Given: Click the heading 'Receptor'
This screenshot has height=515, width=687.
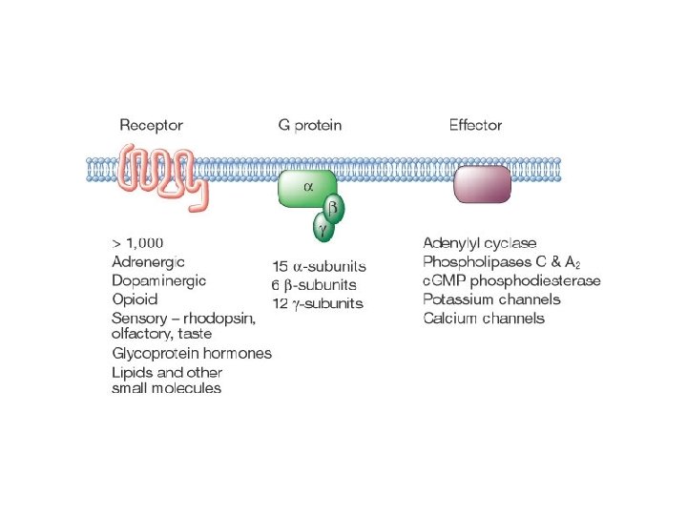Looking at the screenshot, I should pos(151,125).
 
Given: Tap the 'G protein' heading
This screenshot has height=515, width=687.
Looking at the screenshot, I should pos(309,125).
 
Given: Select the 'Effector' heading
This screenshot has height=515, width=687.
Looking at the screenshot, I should pos(475,125).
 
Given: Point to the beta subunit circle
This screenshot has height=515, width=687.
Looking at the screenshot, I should pos(333,207).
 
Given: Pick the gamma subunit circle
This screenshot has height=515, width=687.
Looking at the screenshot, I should pos(323,228).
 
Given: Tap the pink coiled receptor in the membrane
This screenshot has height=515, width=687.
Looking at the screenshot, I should pos(160,171).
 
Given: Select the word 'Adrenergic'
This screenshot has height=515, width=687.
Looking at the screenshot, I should pos(148,261).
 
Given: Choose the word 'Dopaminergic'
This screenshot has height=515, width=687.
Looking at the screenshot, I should pos(158,280).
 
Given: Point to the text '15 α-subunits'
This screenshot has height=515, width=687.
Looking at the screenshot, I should pos(320,266).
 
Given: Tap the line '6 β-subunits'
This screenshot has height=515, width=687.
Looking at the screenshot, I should pos(315,284).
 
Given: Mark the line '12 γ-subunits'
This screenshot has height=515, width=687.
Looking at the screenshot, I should pos(318,303).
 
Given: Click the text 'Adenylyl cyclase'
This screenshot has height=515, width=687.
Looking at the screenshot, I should pos(479,243).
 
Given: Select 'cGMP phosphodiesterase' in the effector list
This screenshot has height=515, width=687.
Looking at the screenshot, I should pos(511,280).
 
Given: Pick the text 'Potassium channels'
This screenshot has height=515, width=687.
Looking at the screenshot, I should pos(491,299).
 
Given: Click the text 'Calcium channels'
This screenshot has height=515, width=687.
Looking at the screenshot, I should pos(484,318).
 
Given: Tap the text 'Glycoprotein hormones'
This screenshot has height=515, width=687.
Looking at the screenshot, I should pos(192,353).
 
